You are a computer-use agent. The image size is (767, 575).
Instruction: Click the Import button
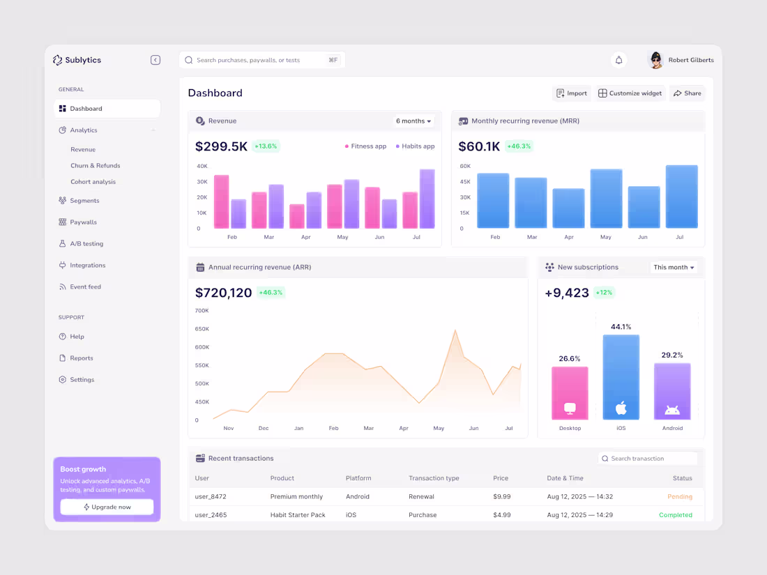coord(572,93)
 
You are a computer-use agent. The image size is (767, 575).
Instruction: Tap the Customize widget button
coord(630,93)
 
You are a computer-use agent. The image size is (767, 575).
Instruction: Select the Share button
coord(687,93)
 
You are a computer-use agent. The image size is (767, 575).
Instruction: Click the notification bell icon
coord(618,61)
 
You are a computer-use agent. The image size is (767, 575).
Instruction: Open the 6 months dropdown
coord(413,121)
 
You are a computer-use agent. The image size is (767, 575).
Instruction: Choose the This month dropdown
coord(674,268)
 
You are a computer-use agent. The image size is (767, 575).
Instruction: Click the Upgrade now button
coord(107,507)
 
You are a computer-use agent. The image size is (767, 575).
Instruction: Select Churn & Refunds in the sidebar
coord(95,166)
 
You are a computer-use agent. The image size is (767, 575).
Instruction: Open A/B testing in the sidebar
coord(86,244)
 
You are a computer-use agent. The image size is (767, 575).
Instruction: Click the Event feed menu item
coord(85,287)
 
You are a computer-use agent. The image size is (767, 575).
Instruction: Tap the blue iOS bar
coord(621,377)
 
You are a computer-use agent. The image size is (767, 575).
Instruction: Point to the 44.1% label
coord(621,327)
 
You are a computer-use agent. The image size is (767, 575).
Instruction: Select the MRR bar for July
coord(681,197)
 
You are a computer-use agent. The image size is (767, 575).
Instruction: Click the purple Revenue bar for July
coord(427,199)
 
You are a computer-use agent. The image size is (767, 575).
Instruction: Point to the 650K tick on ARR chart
coord(202,329)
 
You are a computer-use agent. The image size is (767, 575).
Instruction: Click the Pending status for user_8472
coord(679,497)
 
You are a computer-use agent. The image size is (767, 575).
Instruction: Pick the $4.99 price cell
coord(501,515)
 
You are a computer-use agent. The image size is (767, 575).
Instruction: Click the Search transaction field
coord(648,459)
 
